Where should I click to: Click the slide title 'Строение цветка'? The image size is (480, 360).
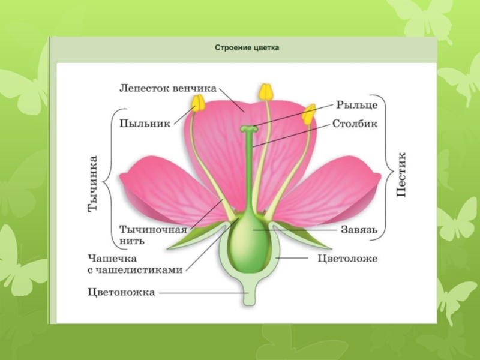click(247, 47)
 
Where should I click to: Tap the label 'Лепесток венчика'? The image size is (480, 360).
click(167, 88)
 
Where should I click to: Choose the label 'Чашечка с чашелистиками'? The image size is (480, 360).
click(134, 264)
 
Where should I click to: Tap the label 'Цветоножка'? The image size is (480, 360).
click(121, 293)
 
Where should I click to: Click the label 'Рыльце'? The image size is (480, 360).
click(356, 105)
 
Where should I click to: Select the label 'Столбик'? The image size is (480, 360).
click(356, 125)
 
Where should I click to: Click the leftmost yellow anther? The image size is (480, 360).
click(198, 103)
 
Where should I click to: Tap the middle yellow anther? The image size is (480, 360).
click(266, 92)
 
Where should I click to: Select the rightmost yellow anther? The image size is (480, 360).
click(309, 113)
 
